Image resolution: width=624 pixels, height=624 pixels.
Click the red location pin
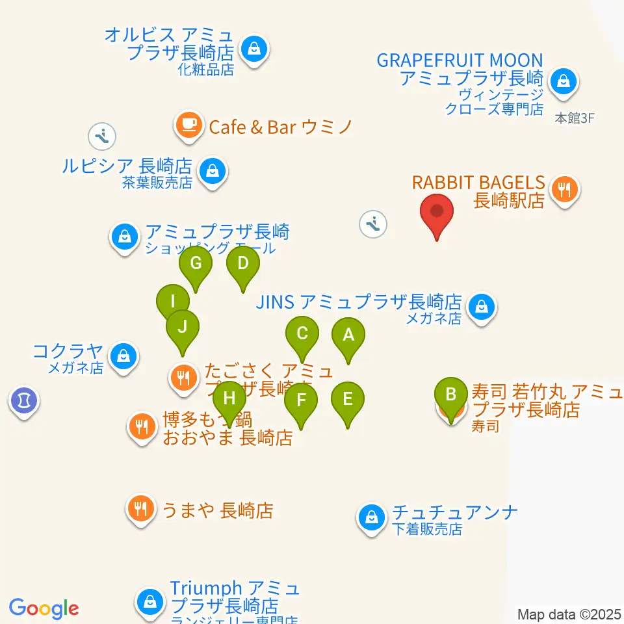pyautogui.click(x=437, y=213)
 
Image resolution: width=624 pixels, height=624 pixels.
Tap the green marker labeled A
pyautogui.click(x=348, y=336)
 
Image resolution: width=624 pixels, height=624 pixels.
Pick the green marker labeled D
pyautogui.click(x=243, y=264)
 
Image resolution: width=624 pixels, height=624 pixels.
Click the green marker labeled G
pyautogui.click(x=196, y=264)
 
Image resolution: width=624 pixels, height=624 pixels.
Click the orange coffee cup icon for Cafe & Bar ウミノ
pyautogui.click(x=188, y=125)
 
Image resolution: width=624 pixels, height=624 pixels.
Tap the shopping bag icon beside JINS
pyautogui.click(x=482, y=305)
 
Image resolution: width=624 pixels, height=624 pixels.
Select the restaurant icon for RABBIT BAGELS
pyautogui.click(x=564, y=190)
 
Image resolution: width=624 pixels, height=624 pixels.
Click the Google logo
pyautogui.click(x=44, y=608)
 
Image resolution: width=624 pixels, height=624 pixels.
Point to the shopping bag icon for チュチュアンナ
pyautogui.click(x=371, y=518)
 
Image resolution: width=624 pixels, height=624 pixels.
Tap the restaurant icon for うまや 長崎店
pyautogui.click(x=140, y=508)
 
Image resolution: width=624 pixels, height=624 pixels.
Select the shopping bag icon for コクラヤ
pyautogui.click(x=122, y=356)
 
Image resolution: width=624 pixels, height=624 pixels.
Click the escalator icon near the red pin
pyautogui.click(x=373, y=224)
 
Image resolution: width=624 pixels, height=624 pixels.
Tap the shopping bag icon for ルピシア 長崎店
pyautogui.click(x=212, y=172)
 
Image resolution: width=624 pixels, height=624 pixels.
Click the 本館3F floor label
pyautogui.click(x=575, y=118)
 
